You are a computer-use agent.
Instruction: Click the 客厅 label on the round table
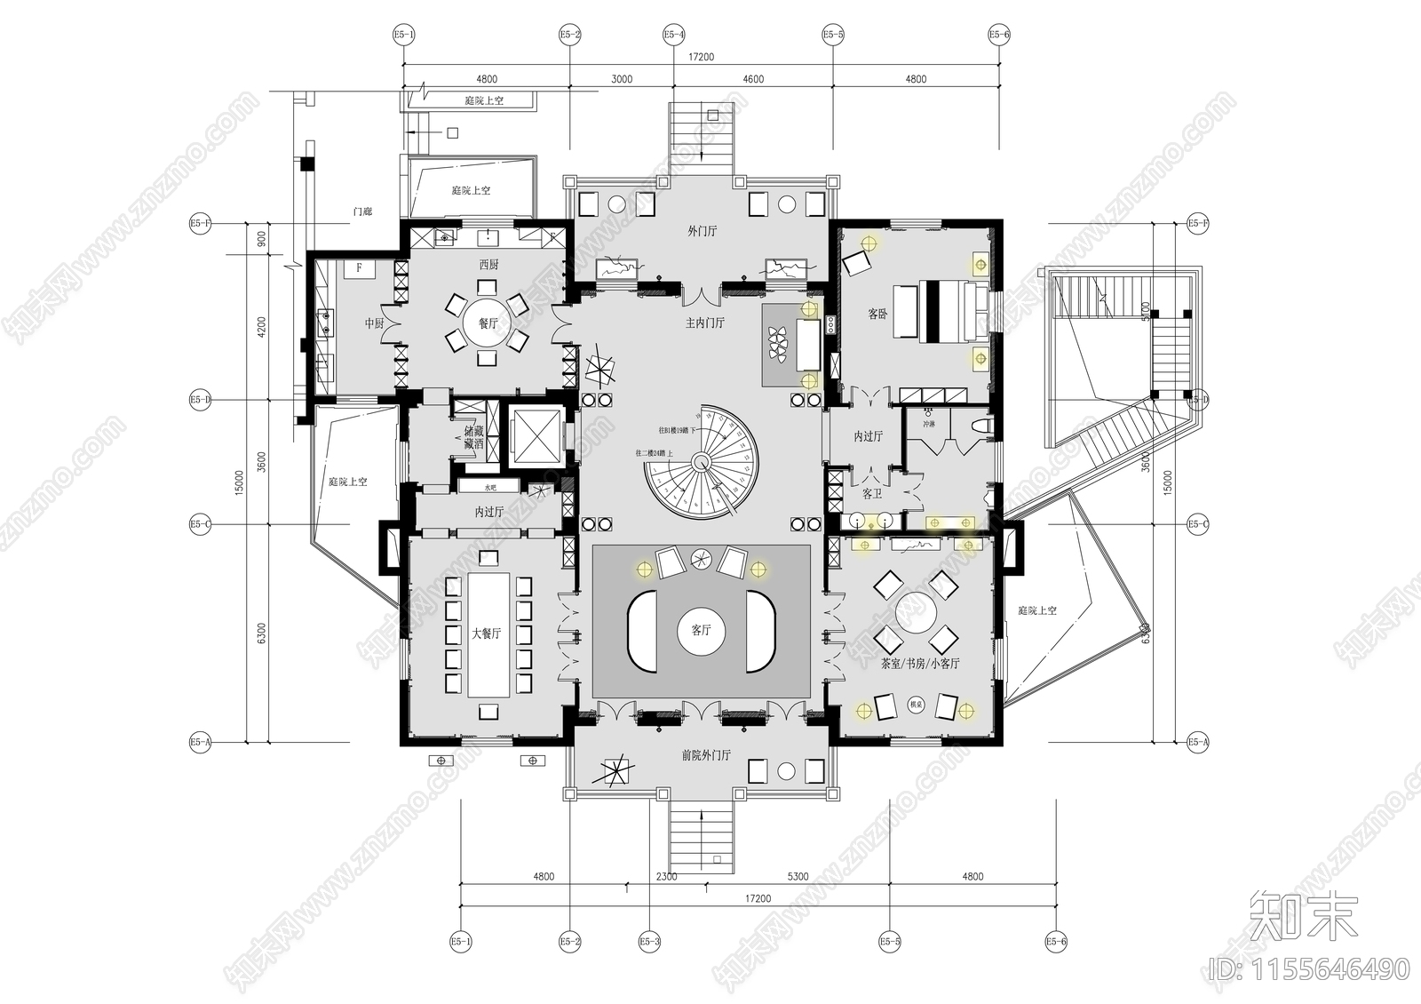pyautogui.click(x=701, y=631)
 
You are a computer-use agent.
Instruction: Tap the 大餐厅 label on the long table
pyautogui.click(x=486, y=634)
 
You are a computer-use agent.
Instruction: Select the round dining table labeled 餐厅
pyautogui.click(x=488, y=324)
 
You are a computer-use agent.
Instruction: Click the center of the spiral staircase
pyautogui.click(x=702, y=461)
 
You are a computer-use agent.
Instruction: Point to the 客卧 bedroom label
pyautogui.click(x=877, y=315)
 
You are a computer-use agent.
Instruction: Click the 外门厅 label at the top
pyautogui.click(x=702, y=231)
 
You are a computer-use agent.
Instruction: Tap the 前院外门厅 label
pyautogui.click(x=705, y=755)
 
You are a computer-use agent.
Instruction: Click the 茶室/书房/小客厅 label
pyautogui.click(x=919, y=664)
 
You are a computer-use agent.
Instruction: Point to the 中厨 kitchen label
pyautogui.click(x=374, y=324)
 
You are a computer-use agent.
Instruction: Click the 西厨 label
pyautogui.click(x=488, y=265)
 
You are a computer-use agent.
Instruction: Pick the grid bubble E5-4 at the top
pyautogui.click(x=673, y=35)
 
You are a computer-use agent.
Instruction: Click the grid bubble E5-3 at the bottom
pyautogui.click(x=649, y=941)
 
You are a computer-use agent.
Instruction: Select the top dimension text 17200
pyautogui.click(x=701, y=57)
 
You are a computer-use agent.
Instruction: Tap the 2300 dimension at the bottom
pyautogui.click(x=666, y=877)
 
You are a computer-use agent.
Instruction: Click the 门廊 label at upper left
pyautogui.click(x=361, y=211)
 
